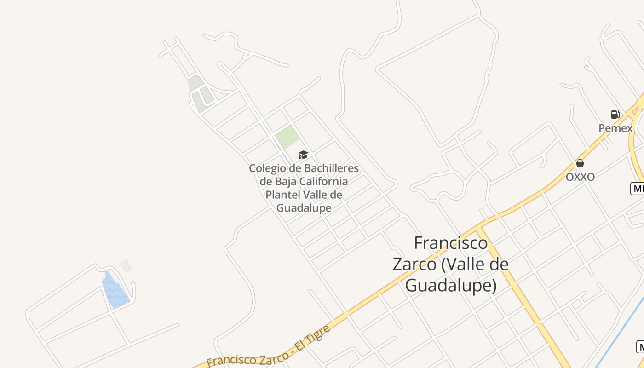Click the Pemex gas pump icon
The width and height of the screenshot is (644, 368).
click(x=615, y=115)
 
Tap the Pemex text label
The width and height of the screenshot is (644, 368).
click(x=615, y=128)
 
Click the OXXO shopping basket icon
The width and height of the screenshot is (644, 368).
click(x=580, y=163)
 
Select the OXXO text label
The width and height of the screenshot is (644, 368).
click(x=580, y=177)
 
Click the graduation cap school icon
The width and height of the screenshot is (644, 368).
click(x=303, y=155)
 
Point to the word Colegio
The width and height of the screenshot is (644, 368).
click(x=266, y=168)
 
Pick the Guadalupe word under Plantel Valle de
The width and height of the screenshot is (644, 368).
click(x=304, y=208)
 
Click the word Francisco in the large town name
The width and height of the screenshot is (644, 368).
click(x=451, y=243)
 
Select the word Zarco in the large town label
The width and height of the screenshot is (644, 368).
click(x=414, y=264)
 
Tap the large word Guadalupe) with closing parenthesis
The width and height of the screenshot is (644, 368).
click(x=451, y=286)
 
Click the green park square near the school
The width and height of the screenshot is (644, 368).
click(x=287, y=137)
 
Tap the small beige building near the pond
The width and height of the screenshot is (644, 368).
click(x=126, y=266)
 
